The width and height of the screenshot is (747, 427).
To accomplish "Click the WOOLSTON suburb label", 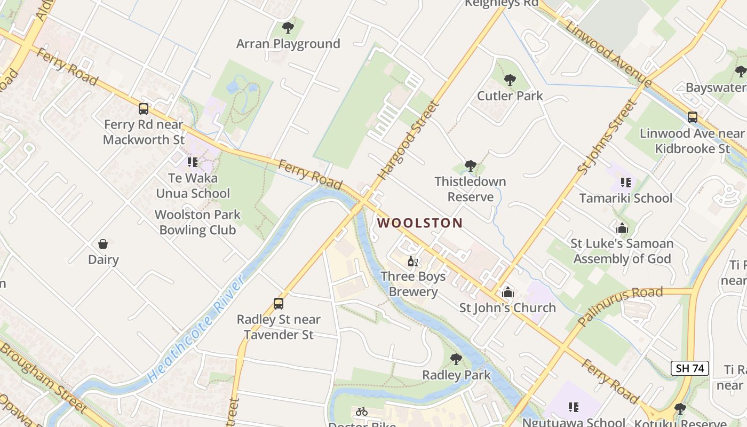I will [x=420, y=223].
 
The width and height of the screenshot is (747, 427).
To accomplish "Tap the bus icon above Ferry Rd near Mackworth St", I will [x=144, y=109].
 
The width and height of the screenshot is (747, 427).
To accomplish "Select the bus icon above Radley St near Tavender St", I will [x=279, y=304].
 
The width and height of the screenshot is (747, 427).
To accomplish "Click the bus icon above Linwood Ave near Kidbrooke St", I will [x=692, y=117].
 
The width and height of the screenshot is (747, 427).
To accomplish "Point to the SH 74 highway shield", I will [x=690, y=368].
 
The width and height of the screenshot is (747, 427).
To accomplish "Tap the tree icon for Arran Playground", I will [x=288, y=27].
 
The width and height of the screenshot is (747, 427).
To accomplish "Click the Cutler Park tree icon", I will [x=510, y=80].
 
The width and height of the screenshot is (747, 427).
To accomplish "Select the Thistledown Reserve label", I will [x=470, y=189].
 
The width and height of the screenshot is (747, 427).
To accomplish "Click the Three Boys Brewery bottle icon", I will [x=412, y=261].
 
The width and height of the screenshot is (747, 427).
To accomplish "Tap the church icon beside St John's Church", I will [x=507, y=292].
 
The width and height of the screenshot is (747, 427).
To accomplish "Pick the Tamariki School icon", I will [x=626, y=183].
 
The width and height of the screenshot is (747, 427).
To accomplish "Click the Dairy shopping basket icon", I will [x=103, y=244].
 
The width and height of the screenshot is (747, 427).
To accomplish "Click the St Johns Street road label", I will [x=607, y=137].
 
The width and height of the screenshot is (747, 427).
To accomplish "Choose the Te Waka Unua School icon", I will [x=192, y=162].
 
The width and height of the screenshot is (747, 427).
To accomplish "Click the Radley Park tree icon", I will [x=456, y=359].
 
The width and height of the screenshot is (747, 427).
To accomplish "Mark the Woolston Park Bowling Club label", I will [x=197, y=223].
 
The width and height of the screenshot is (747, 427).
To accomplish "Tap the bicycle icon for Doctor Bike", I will [x=362, y=412].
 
